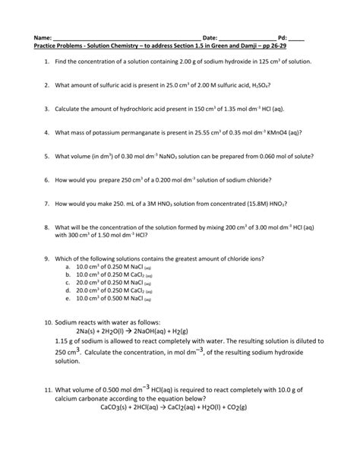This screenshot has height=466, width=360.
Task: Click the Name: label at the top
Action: (x=42, y=37)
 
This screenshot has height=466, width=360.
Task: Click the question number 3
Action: (x=47, y=109)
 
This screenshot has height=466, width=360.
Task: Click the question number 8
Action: (x=47, y=227)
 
